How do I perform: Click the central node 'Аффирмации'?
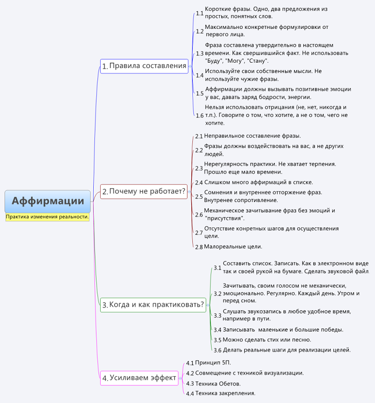click(x=48, y=202)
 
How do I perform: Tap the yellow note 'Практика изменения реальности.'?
click(x=47, y=217)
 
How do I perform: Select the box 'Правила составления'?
click(x=144, y=66)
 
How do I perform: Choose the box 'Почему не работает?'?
click(x=144, y=191)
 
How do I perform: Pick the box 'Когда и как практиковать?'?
click(x=153, y=305)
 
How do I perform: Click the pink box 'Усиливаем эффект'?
click(x=139, y=378)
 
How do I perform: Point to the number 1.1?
click(x=200, y=13)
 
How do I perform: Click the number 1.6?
click(x=200, y=116)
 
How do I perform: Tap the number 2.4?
click(x=199, y=183)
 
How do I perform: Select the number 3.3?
click(x=217, y=316)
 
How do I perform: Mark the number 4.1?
click(x=190, y=363)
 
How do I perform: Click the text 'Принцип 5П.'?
click(x=213, y=363)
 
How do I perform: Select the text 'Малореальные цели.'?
click(x=233, y=247)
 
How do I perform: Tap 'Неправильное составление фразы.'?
click(x=252, y=136)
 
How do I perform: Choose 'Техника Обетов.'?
click(x=218, y=384)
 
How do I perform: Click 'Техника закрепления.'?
click(x=226, y=393)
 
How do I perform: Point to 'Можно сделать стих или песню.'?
click(x=267, y=340)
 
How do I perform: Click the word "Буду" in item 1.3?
click(x=213, y=61)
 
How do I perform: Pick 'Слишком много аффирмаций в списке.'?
click(x=259, y=183)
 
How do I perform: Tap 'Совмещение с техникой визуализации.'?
click(x=250, y=373)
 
